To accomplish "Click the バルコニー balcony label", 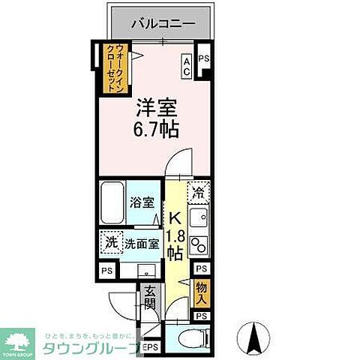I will (x=163, y=23).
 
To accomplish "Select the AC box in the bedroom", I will (x=187, y=66).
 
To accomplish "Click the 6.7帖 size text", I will (x=156, y=129).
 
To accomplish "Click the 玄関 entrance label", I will (x=150, y=297).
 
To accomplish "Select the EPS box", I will (x=150, y=347).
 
